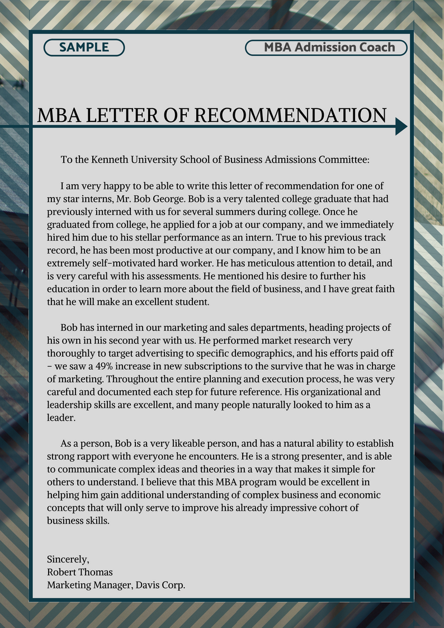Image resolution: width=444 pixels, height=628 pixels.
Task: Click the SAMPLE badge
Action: (84, 48)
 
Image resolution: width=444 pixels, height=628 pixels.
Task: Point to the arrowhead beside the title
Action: (401, 127)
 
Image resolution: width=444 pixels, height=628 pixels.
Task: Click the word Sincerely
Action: (68, 559)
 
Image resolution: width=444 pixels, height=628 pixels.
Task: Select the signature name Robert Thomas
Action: (80, 572)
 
